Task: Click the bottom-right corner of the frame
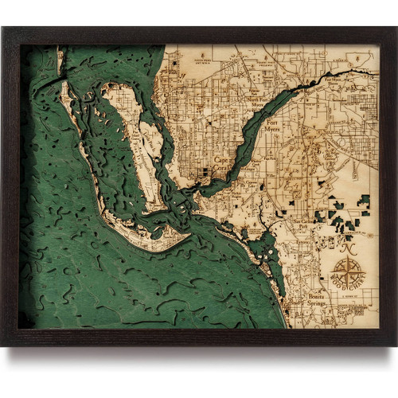tap(395, 345)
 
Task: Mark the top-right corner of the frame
tap(395, 28)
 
